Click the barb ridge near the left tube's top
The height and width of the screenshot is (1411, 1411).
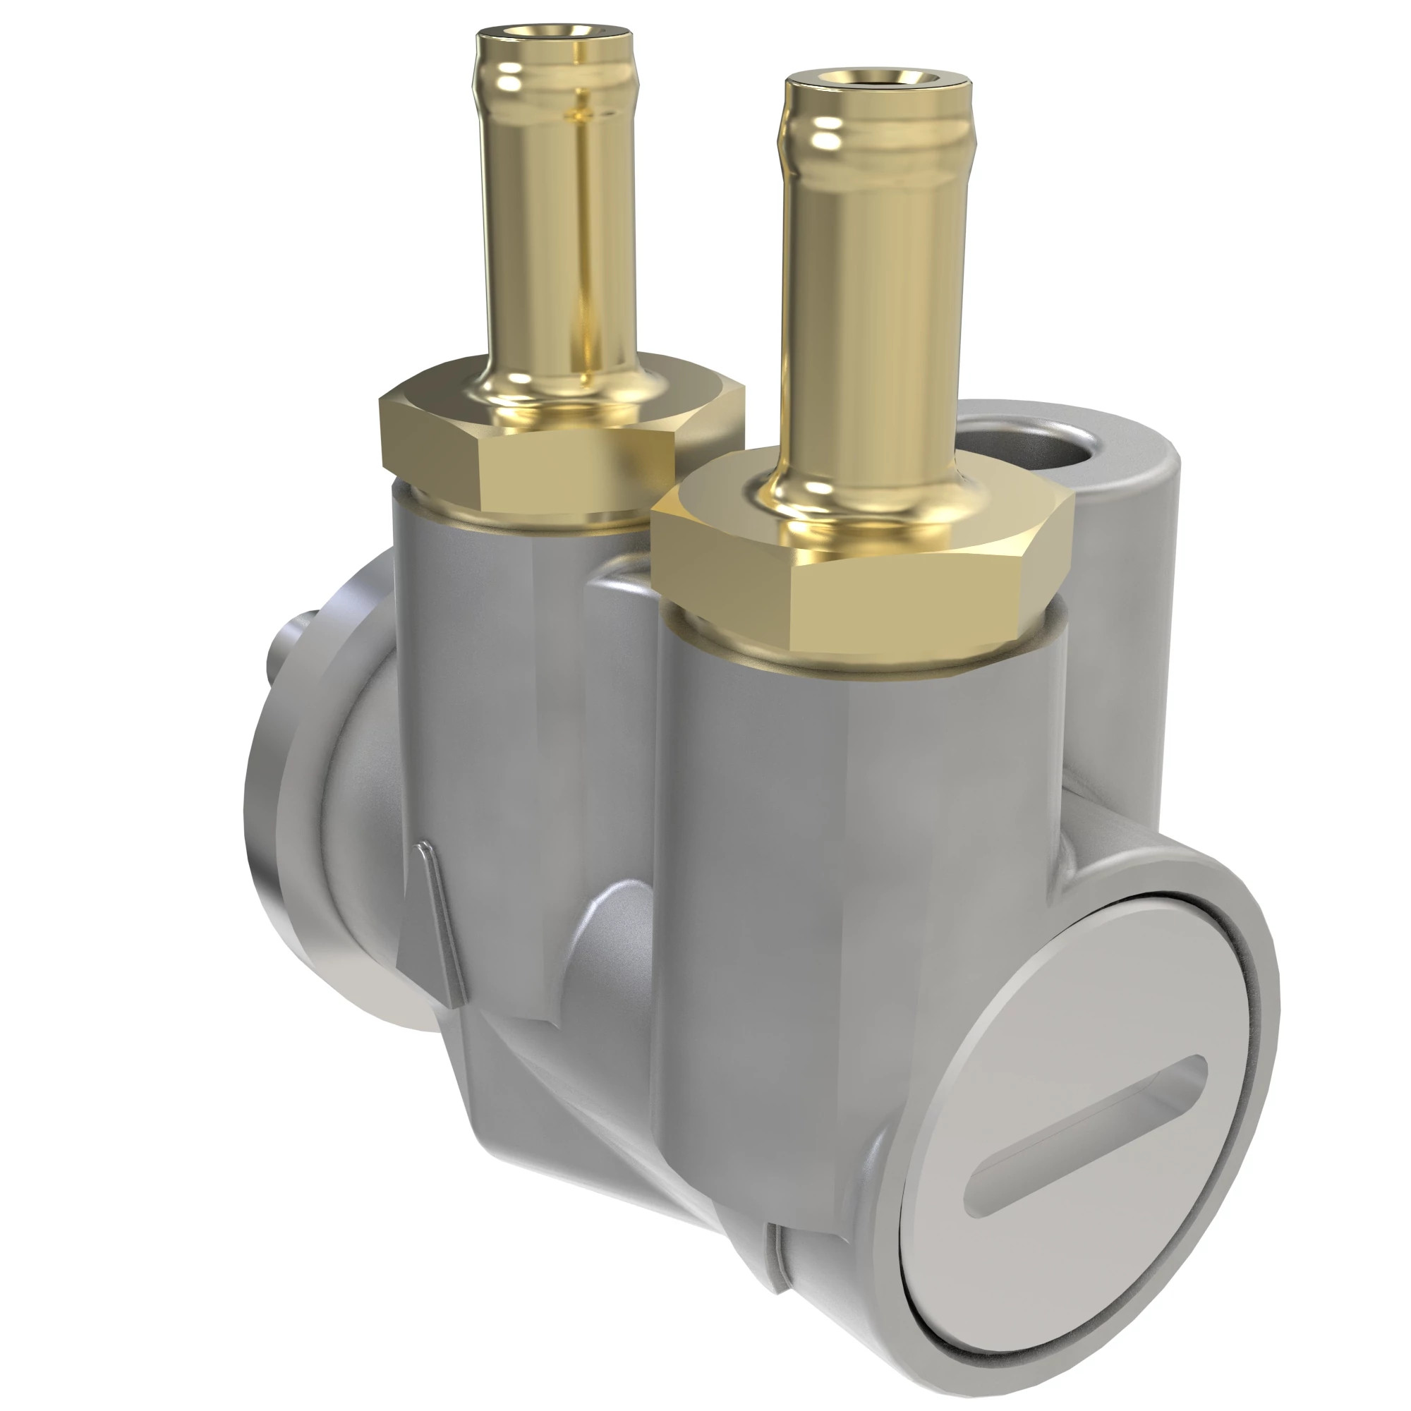click(x=555, y=77)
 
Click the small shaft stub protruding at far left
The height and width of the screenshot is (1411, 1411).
click(x=292, y=643)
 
